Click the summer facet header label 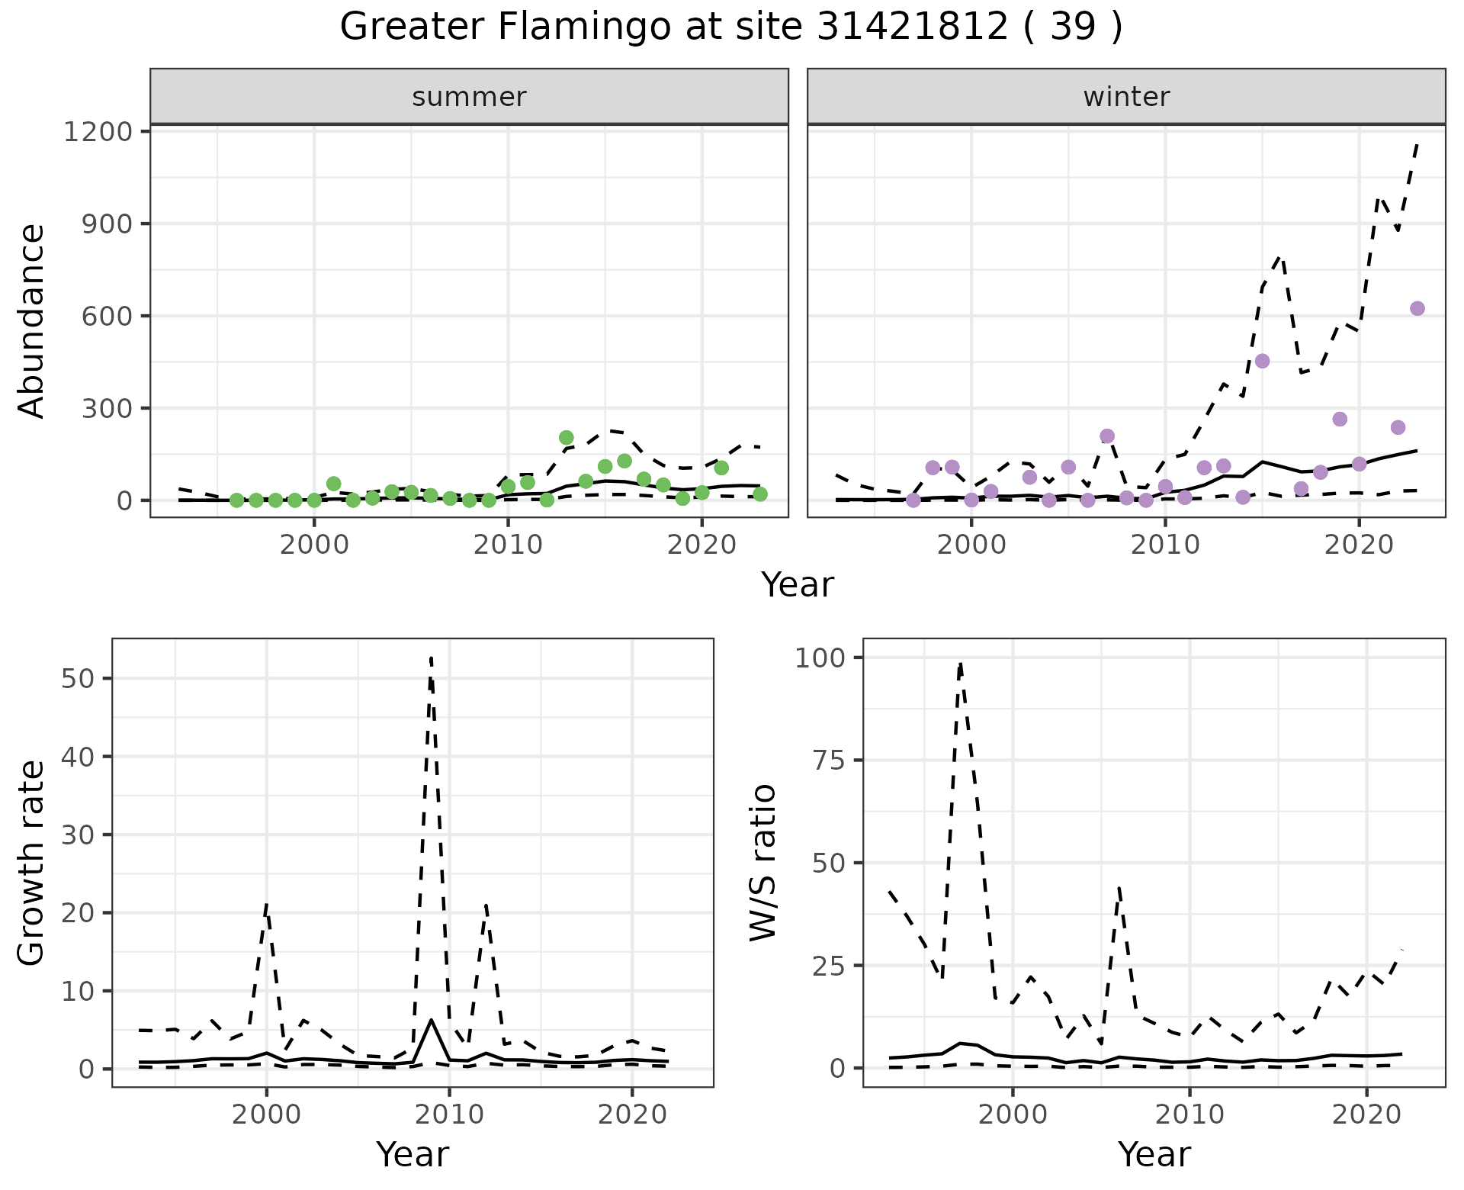[x=469, y=97]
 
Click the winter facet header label [x=1126, y=97]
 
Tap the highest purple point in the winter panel [x=1417, y=308]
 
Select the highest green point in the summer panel [x=566, y=438]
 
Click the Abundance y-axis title [x=32, y=320]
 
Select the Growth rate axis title [x=32, y=862]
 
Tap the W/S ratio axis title [x=762, y=862]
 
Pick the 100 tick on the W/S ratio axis [x=820, y=658]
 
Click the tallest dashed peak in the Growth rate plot [x=431, y=658]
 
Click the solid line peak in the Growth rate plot [x=432, y=1020]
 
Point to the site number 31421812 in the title [x=913, y=27]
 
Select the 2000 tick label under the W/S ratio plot [x=1013, y=1114]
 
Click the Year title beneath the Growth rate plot [x=413, y=1154]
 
